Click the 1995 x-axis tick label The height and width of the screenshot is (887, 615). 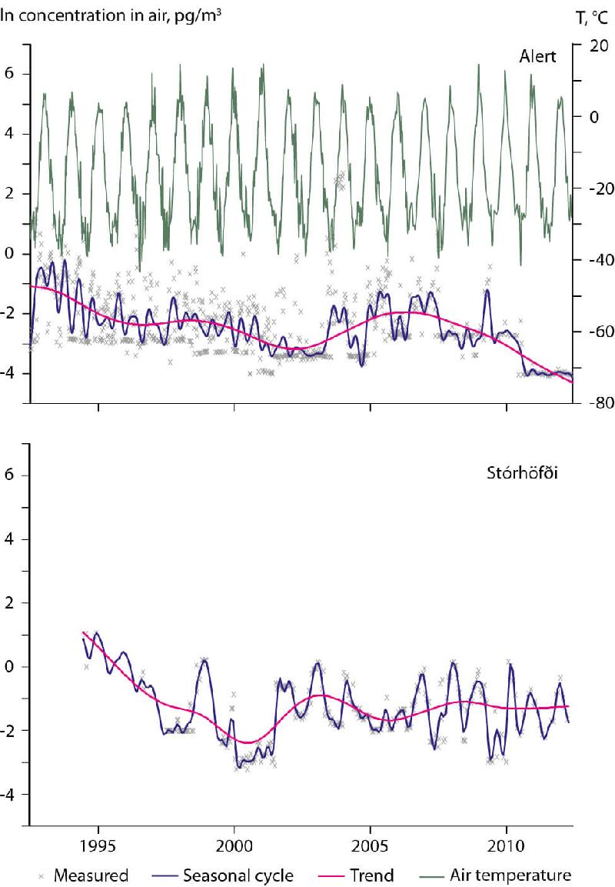tap(98, 846)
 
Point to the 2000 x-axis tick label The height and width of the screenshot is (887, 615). tap(234, 846)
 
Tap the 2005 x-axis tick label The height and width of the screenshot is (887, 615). tap(371, 846)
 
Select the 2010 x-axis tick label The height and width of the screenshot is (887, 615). tap(507, 846)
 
